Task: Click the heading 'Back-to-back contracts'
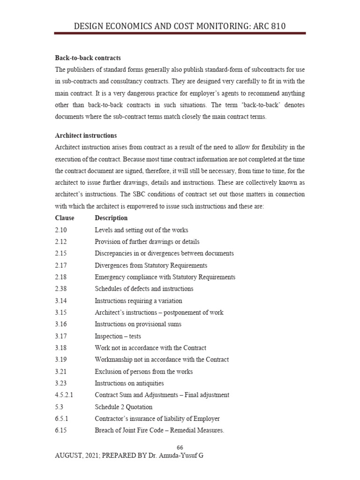88,58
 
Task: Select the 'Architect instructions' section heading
86,135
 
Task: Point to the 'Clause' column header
64,218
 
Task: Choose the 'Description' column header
111,218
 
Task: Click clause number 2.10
61,230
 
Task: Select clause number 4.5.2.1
64,395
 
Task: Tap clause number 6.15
61,430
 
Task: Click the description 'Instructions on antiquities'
129,383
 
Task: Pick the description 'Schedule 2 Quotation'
123,407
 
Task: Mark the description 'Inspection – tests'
118,336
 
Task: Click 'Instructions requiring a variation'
138,300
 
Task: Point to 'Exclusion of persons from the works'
143,372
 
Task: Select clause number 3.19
61,360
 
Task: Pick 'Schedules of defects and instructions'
144,289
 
